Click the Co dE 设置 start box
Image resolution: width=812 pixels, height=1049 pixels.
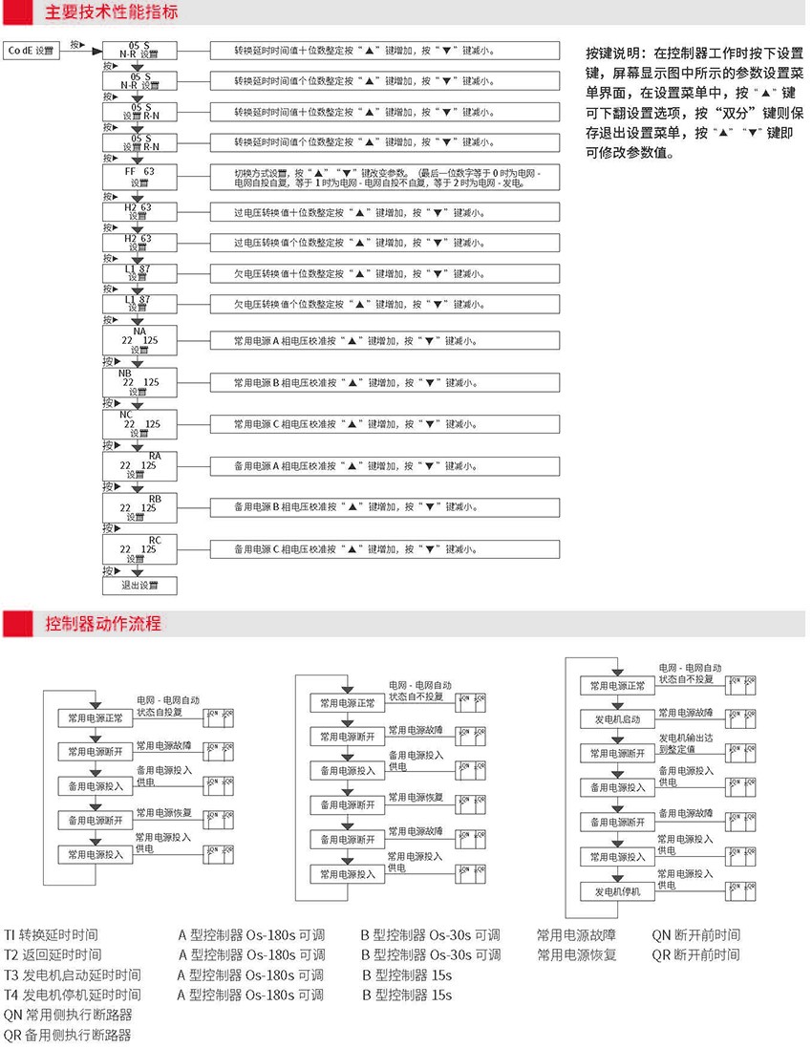coord(32,50)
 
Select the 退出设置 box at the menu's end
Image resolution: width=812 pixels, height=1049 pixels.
coord(139,585)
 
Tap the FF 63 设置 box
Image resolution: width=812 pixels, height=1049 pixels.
coord(139,177)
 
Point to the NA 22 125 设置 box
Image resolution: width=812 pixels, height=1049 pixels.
coord(139,341)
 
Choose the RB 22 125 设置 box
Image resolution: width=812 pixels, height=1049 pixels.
coord(139,507)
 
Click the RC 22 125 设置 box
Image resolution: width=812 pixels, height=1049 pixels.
coord(139,549)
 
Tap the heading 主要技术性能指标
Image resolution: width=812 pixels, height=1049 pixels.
coord(111,12)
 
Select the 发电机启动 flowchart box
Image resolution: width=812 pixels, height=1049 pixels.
coord(617,718)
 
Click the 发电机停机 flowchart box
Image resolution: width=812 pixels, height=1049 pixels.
coord(617,891)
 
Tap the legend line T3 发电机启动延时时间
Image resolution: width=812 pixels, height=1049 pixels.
coord(73,975)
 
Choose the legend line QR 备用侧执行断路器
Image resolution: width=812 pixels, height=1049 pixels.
coord(68,1035)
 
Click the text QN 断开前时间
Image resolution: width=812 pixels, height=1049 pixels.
coord(695,934)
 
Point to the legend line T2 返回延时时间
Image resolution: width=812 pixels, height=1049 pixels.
coord(53,954)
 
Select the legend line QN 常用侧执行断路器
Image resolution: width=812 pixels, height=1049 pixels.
coord(68,1015)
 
